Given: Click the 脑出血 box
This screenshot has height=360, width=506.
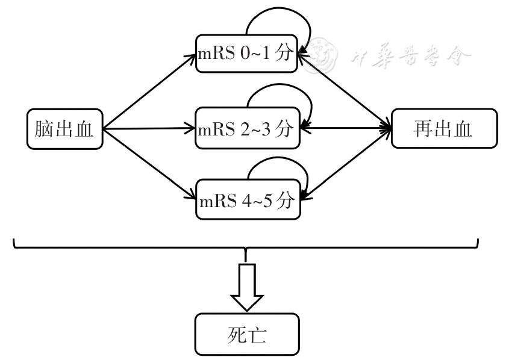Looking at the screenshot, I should point(65,128).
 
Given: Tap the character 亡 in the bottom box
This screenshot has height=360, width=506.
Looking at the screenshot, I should point(260,335).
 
